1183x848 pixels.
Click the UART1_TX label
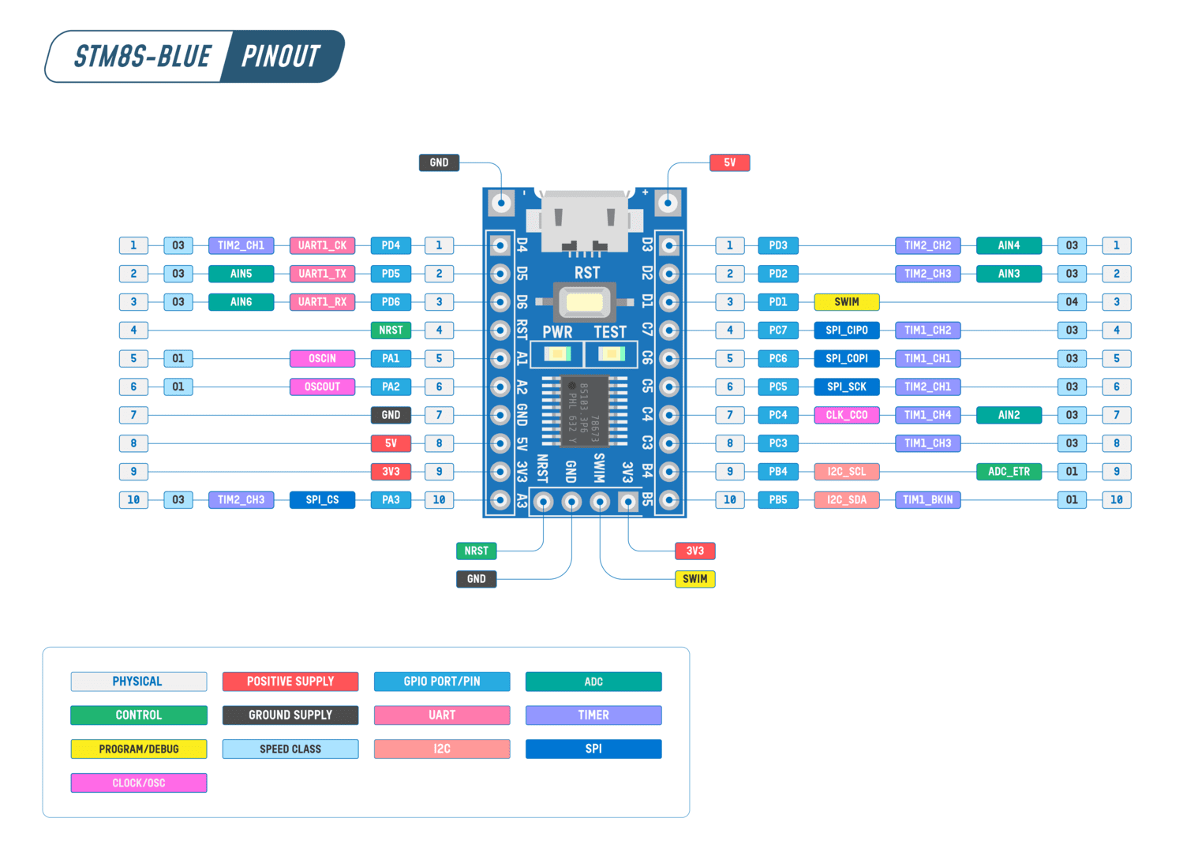[x=322, y=274]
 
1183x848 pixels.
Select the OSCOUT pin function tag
[x=322, y=387]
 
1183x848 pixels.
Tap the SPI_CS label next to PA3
[x=322, y=499]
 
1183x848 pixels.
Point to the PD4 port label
[x=391, y=245]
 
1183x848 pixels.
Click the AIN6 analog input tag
[x=241, y=302]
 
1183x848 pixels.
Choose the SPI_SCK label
[x=846, y=387]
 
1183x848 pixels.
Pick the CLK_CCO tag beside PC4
[x=846, y=415]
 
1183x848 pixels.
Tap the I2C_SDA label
[x=846, y=499]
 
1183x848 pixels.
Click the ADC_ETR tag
[x=1009, y=472]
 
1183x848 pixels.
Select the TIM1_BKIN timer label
[x=927, y=499]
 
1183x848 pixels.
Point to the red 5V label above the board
[x=729, y=163]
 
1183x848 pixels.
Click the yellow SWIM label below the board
[x=694, y=579]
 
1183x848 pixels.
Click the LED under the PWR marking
[x=557, y=354]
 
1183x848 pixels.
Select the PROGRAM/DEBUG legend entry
[x=139, y=749]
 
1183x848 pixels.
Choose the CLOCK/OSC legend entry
[x=139, y=783]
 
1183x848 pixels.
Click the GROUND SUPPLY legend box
[x=290, y=715]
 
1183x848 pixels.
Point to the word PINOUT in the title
[x=280, y=57]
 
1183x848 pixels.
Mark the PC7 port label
[x=778, y=331]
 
